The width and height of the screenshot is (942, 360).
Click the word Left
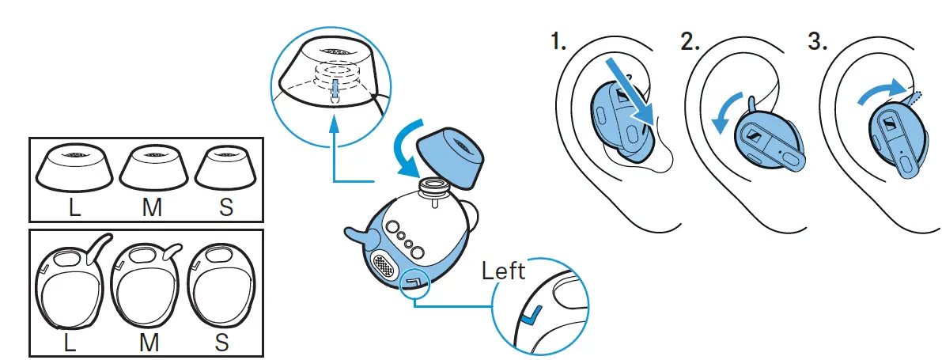[x=504, y=271]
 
